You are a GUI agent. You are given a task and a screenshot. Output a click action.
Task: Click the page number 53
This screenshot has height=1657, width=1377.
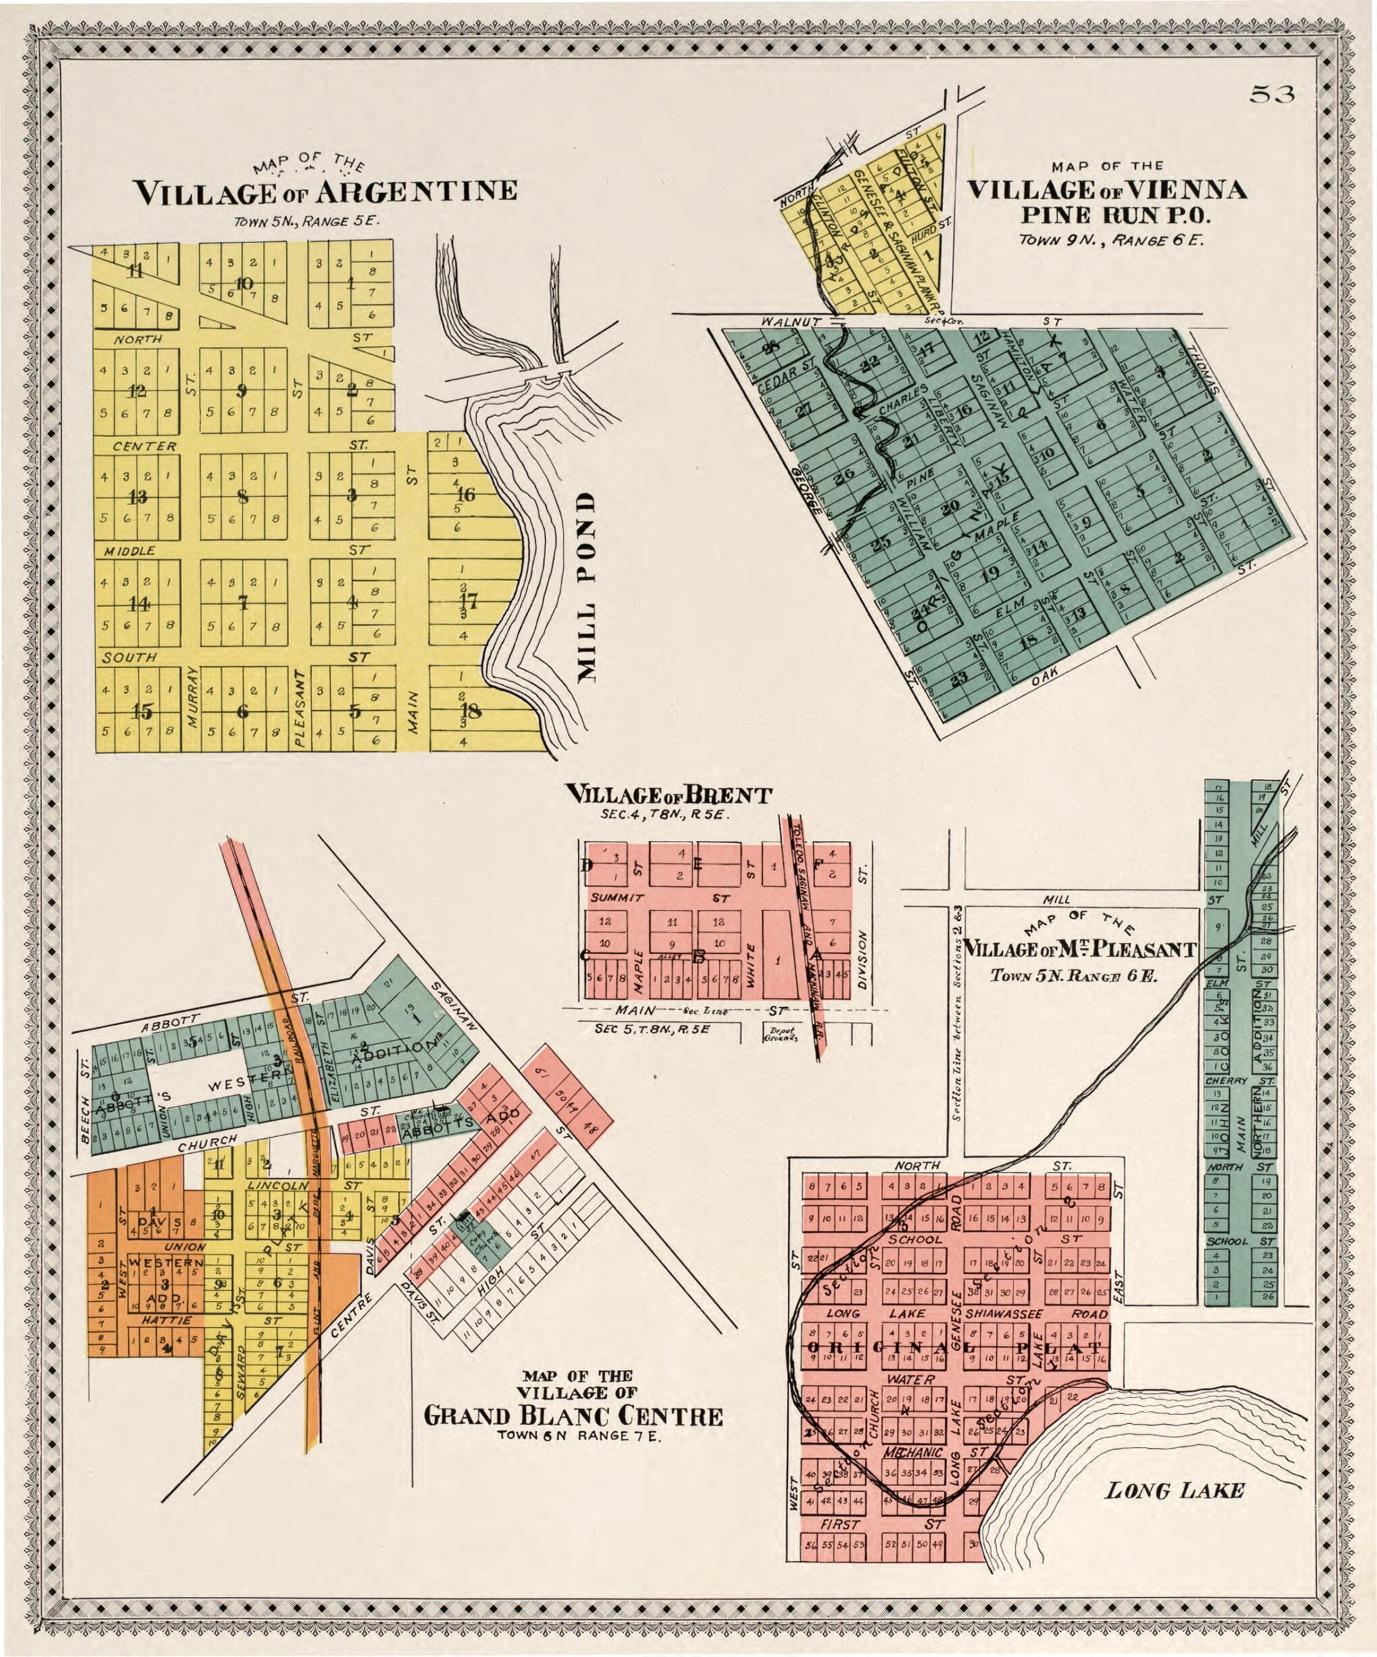(x=1272, y=95)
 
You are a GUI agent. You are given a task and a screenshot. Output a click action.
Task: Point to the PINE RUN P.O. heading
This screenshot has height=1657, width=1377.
(x=1107, y=214)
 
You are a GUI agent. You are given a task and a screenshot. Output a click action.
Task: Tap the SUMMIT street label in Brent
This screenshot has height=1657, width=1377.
(x=617, y=898)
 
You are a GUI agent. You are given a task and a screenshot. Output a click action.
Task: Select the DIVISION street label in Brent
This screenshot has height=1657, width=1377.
(x=863, y=959)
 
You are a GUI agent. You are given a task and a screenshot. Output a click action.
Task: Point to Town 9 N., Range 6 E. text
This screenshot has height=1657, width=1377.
(x=1111, y=239)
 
